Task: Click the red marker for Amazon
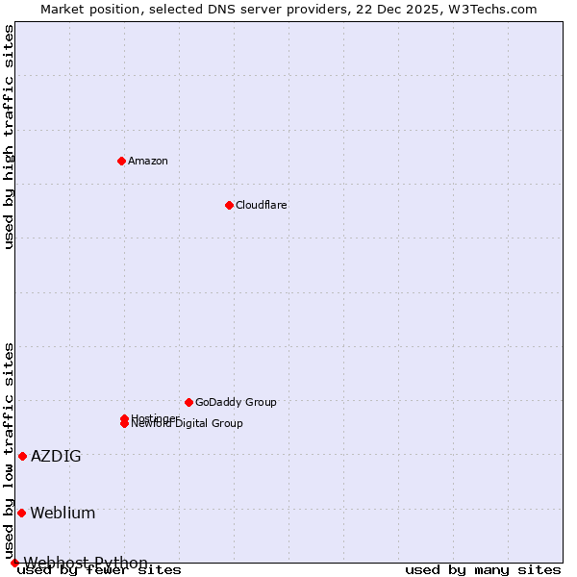121,161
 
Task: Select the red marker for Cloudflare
229,205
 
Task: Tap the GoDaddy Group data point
188,402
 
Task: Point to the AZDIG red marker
22,456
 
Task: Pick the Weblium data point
21,513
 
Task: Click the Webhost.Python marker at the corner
14,563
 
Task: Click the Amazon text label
147,161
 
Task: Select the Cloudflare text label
261,205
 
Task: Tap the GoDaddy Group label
236,402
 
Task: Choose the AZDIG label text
56,456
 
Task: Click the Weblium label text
63,513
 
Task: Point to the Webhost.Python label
86,563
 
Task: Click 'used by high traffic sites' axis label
9,137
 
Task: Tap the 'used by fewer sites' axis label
99,570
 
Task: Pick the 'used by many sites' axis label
483,570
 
